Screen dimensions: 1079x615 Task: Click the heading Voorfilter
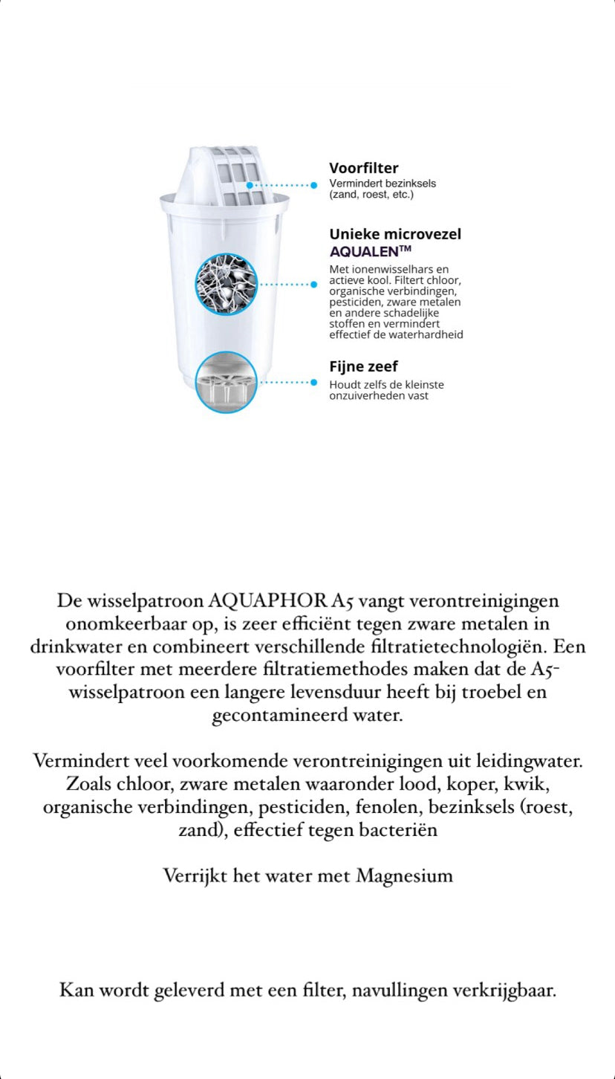pyautogui.click(x=363, y=169)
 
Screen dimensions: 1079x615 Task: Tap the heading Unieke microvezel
pyautogui.click(x=395, y=234)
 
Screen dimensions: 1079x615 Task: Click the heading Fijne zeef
pyautogui.click(x=363, y=366)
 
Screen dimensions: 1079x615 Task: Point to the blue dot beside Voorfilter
pyautogui.click(x=313, y=184)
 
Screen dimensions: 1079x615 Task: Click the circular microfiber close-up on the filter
pyautogui.click(x=226, y=284)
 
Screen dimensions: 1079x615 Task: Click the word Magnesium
pyautogui.click(x=404, y=875)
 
